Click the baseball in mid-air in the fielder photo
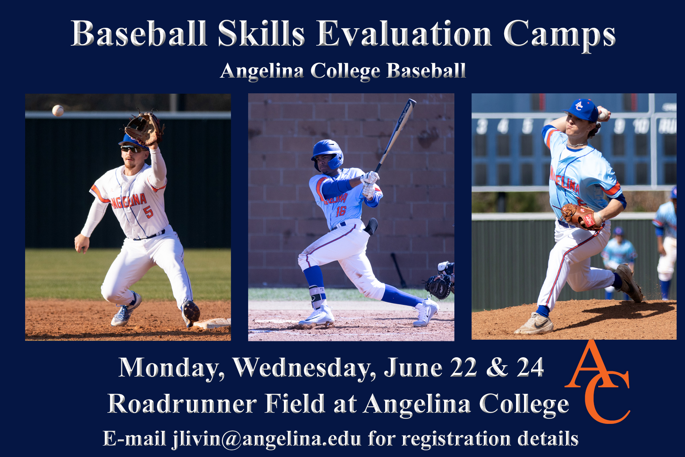point(58,110)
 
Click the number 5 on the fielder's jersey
point(148,212)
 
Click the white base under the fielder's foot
point(213,323)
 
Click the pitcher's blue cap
point(581,109)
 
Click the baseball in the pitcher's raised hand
point(603,114)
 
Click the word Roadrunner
point(182,404)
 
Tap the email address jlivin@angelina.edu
point(266,439)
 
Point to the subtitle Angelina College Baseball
point(343,71)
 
